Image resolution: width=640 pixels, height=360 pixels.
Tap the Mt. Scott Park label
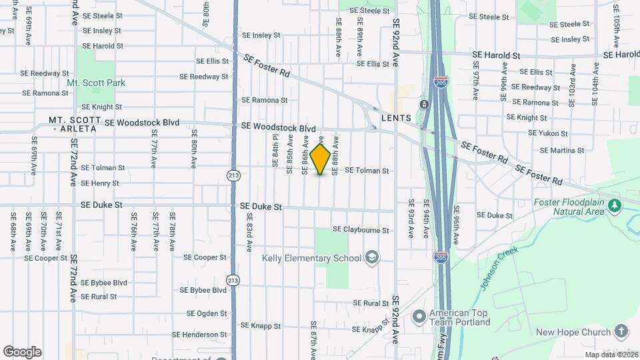pyautogui.click(x=96, y=83)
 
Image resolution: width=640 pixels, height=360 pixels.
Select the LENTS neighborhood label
pyautogui.click(x=396, y=118)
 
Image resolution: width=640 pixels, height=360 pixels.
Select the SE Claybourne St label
pyautogui.click(x=361, y=230)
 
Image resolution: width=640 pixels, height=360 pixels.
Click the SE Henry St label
pyautogui.click(x=100, y=183)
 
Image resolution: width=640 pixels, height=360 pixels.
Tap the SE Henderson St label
pyautogui.click(x=200, y=335)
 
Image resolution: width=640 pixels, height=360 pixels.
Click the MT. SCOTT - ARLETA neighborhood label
pyautogui.click(x=75, y=124)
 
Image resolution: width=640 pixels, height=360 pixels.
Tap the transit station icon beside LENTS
pyautogui.click(x=424, y=105)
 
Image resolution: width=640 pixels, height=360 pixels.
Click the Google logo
pyautogui.click(x=22, y=352)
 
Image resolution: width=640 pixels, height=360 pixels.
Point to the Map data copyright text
pyautogui.click(x=611, y=355)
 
